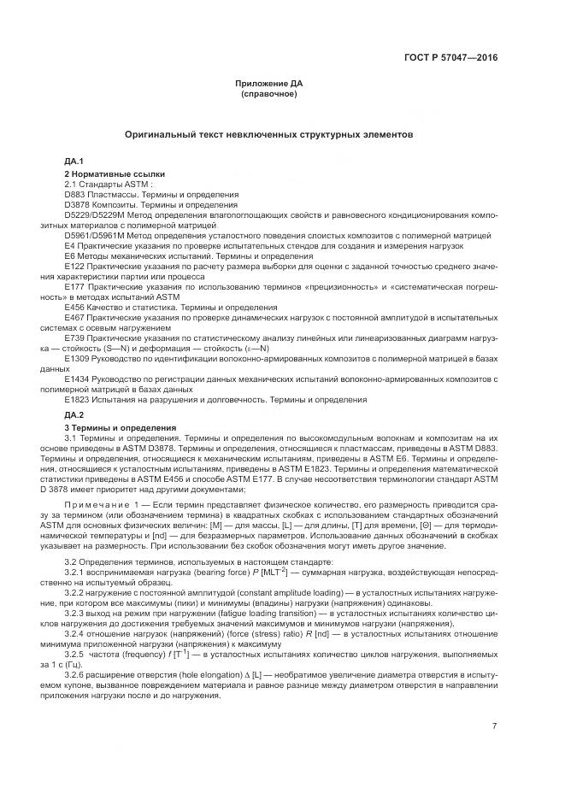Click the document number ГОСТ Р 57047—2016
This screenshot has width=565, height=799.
click(450, 57)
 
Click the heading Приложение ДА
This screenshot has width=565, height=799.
click(269, 83)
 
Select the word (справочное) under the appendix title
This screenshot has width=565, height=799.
click(269, 93)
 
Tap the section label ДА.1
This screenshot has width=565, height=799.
click(74, 161)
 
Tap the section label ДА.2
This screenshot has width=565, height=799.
click(74, 414)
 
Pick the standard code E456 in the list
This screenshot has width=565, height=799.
click(75, 306)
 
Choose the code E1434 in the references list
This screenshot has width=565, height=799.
click(78, 377)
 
